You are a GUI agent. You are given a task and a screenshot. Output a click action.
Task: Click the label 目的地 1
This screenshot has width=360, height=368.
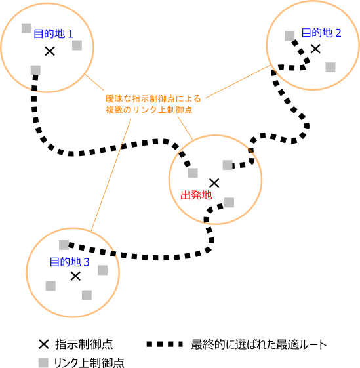click(53, 34)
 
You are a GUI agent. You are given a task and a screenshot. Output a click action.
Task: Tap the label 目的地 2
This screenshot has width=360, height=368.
click(321, 33)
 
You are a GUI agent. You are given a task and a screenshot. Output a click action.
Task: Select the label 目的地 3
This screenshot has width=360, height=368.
click(70, 262)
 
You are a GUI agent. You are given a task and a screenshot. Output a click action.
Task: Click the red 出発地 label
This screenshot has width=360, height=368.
click(196, 195)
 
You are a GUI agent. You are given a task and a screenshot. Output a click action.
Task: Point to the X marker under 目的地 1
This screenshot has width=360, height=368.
click(50, 51)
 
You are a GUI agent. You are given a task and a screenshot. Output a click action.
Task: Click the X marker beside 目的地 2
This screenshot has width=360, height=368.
click(315, 49)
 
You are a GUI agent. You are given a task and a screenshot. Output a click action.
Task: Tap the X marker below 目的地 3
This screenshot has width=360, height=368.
click(75, 276)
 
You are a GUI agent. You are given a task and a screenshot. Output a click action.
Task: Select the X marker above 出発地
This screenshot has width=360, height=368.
click(214, 183)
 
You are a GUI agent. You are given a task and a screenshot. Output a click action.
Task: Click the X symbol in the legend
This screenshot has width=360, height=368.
click(44, 344)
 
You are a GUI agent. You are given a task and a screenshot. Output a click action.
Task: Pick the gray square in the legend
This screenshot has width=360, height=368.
click(43, 363)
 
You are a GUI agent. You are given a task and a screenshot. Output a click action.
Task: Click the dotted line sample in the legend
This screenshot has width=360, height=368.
click(165, 344)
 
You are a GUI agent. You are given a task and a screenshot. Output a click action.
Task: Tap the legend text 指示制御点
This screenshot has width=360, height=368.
click(84, 344)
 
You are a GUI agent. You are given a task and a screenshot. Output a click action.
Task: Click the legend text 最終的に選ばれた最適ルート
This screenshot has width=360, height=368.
click(259, 344)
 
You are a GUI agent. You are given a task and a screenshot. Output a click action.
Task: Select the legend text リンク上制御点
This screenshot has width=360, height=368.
click(89, 363)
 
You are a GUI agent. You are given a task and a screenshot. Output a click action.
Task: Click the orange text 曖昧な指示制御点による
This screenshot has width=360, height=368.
click(153, 99)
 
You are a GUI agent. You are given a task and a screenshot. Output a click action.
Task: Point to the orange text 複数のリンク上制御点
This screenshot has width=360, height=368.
click(149, 110)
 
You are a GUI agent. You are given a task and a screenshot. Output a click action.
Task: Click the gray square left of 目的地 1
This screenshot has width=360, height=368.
click(26, 28)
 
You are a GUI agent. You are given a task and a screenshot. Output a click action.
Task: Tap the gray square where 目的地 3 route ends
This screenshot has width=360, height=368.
click(64, 245)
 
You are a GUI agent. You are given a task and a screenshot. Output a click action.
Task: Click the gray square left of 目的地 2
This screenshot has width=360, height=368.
click(290, 36)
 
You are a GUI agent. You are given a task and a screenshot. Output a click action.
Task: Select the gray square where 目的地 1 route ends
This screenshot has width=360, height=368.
click(35, 70)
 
